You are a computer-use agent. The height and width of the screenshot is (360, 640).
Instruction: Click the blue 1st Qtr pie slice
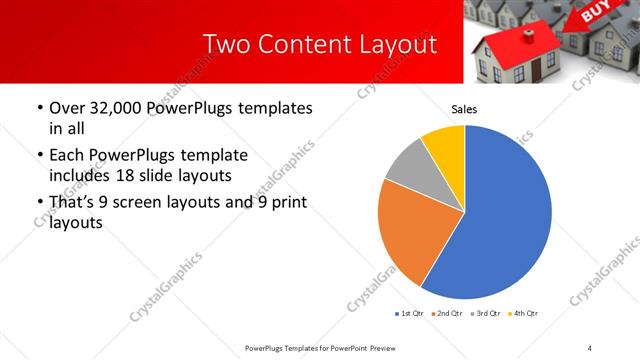pos(500,220)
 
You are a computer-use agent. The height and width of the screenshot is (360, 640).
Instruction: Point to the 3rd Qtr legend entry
pos(485,314)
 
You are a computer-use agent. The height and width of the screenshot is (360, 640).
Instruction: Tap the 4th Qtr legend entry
pos(524,314)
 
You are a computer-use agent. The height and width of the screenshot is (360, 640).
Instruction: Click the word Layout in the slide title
pos(398,45)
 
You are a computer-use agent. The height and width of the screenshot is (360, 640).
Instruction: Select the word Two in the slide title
pos(225,45)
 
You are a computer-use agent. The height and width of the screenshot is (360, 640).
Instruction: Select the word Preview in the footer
pos(381,347)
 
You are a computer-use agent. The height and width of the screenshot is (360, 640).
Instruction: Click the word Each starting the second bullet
pos(67,156)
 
